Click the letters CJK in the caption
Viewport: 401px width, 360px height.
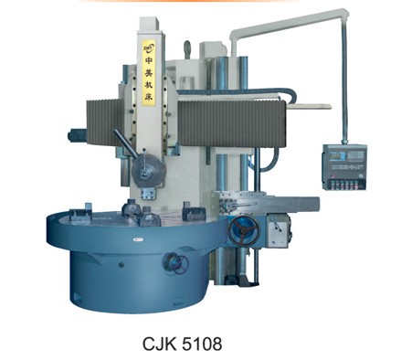tap(159, 344)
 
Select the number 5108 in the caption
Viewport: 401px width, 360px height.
tap(202, 344)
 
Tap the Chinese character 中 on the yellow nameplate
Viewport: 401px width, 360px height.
tap(149, 60)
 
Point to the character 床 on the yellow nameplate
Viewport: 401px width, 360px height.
tap(149, 97)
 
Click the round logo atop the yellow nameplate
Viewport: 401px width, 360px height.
tap(149, 48)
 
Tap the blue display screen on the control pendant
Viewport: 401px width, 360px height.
tap(339, 155)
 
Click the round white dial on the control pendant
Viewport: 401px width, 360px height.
tap(361, 175)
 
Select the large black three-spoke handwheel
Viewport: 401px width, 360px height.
tap(244, 230)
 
